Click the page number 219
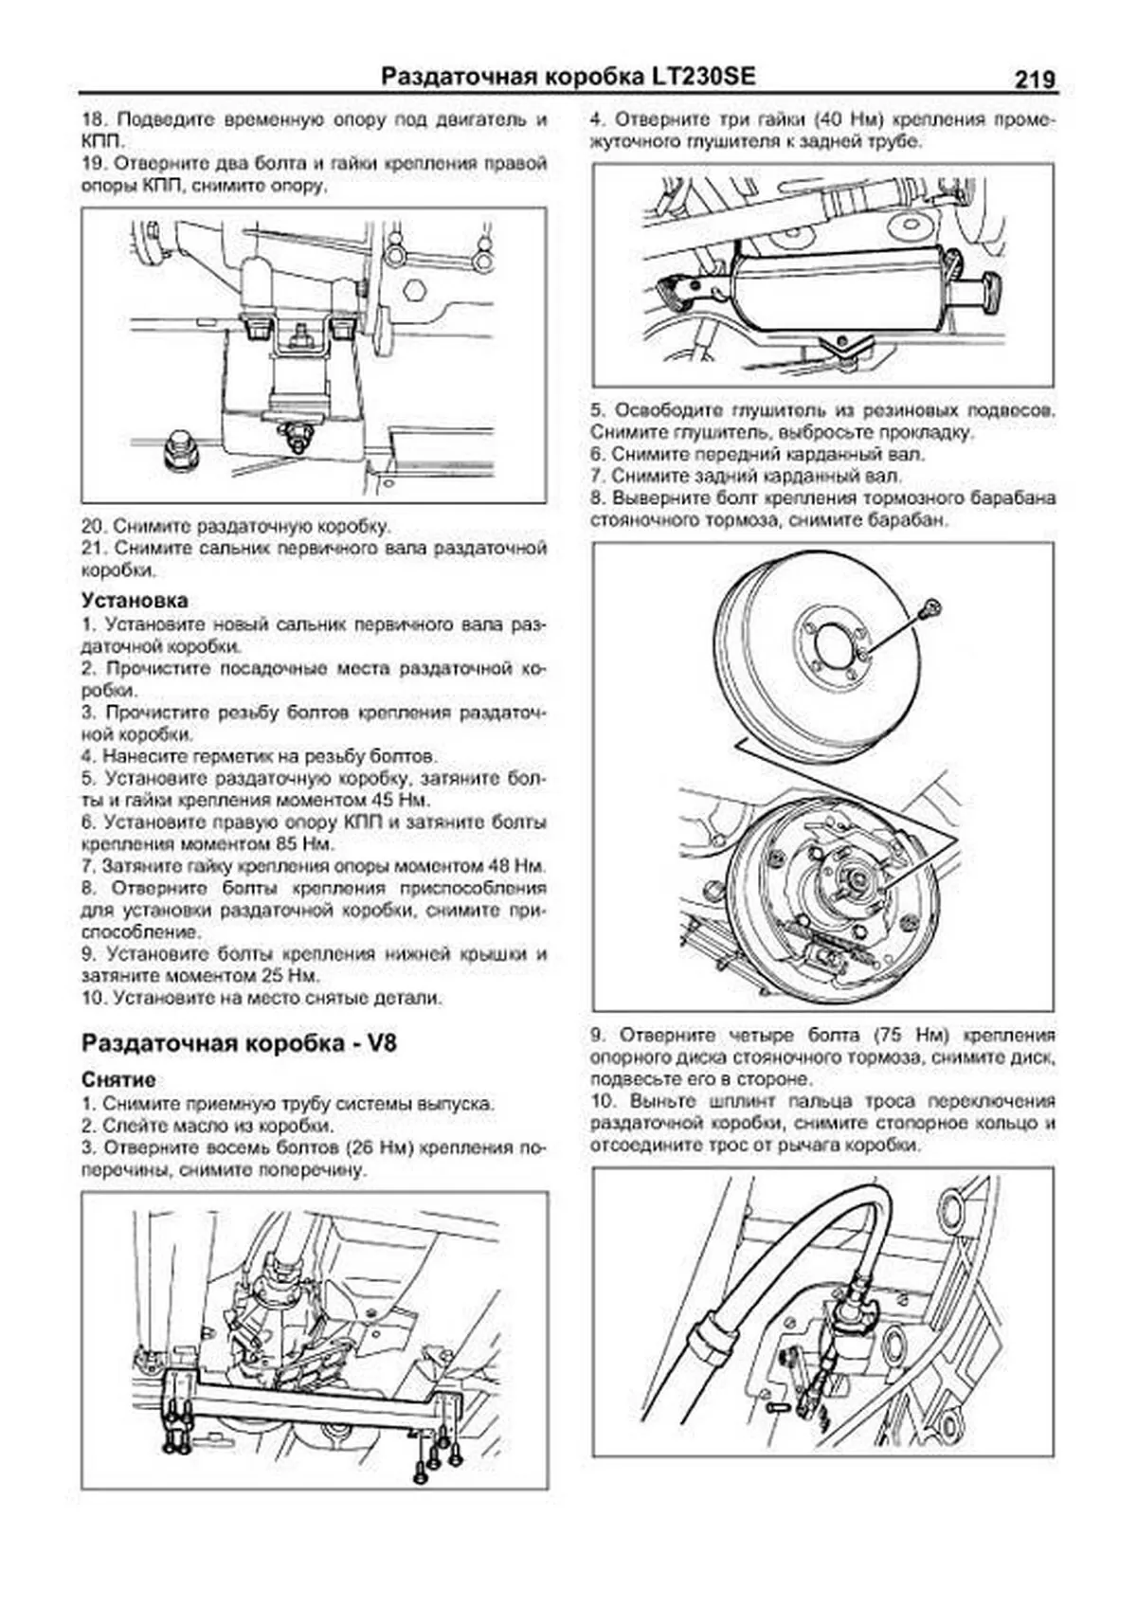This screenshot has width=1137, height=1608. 1035,80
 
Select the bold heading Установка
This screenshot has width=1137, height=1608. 135,600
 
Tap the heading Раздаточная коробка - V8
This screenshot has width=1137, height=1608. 240,1043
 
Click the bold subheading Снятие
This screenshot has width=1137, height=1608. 118,1080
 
